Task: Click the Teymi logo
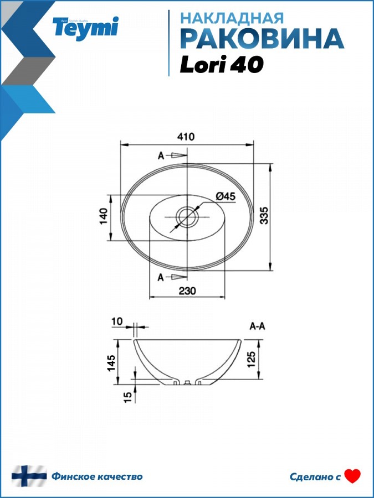(85, 28)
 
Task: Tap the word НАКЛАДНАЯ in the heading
(232, 18)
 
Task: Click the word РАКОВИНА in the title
(262, 38)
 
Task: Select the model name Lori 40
(222, 65)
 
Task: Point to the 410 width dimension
(186, 137)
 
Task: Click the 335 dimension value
(264, 215)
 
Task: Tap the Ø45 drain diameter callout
(226, 196)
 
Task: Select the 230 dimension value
(187, 290)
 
